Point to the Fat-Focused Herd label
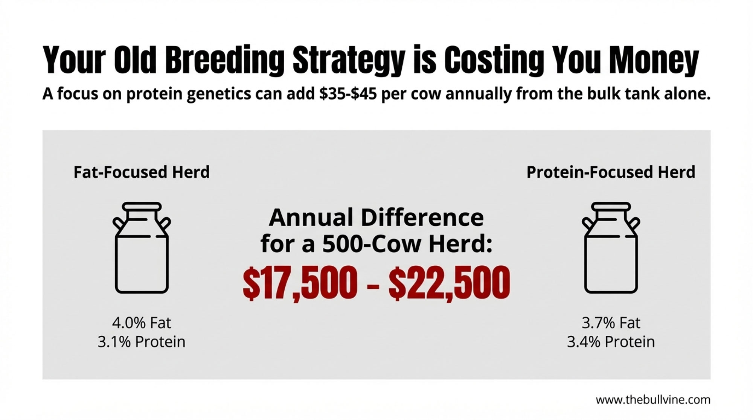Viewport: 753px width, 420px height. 142,172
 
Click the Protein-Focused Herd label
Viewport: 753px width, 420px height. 611,172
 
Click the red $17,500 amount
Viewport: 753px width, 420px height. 300,283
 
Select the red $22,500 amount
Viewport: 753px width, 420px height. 450,283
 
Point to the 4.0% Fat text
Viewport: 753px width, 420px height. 142,323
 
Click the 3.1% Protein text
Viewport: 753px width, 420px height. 142,342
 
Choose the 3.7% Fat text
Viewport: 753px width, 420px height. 611,323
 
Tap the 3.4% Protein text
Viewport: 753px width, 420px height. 611,342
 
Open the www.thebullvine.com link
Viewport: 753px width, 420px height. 653,400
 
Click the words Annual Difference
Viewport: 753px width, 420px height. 376,218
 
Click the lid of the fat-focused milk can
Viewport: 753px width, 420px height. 142,207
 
